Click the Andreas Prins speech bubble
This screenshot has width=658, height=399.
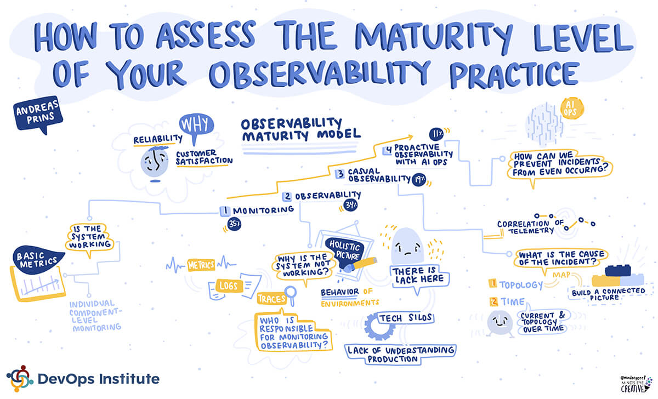tap(38, 114)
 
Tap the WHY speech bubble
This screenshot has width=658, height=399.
tap(196, 125)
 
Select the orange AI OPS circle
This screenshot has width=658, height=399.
tap(571, 109)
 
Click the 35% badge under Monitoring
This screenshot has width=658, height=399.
tap(235, 224)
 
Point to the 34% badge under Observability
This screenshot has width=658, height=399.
tap(351, 204)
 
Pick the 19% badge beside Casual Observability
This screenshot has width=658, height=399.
tap(419, 180)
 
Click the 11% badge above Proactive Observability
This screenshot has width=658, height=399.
tap(436, 134)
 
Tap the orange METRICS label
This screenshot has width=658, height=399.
tap(201, 265)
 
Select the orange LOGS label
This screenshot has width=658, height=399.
tap(229, 286)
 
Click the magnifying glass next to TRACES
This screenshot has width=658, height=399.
tap(291, 294)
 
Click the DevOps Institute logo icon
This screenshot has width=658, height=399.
tap(20, 379)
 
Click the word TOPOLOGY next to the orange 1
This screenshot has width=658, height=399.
tap(521, 284)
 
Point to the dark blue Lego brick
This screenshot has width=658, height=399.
tap(618, 270)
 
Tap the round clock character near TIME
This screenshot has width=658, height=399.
tap(500, 323)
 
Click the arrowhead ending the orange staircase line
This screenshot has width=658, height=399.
tap(410, 137)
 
